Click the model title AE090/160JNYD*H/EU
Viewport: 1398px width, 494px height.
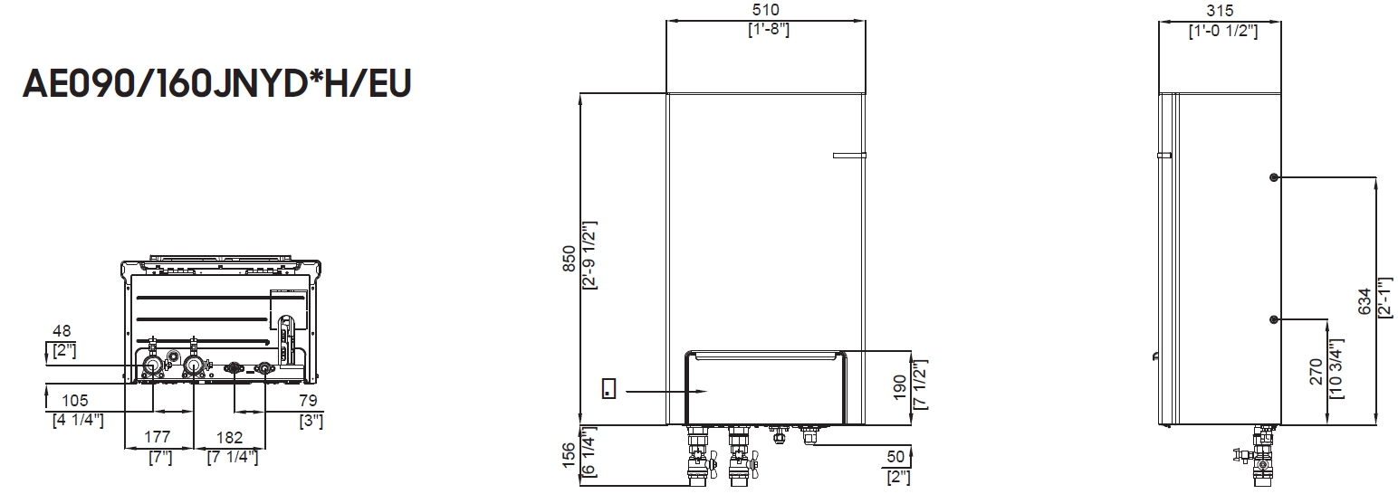tap(216, 83)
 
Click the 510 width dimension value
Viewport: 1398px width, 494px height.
tap(766, 10)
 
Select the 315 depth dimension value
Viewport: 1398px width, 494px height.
tap(1221, 11)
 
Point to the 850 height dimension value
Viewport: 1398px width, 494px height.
tap(569, 258)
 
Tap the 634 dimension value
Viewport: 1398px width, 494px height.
tap(1364, 301)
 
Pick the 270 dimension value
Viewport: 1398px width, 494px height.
tap(1317, 372)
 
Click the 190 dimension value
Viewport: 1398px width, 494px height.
tap(899, 386)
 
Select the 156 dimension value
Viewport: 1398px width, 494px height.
tap(569, 455)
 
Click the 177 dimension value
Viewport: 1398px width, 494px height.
tap(158, 437)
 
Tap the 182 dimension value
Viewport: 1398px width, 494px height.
tap(230, 438)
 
